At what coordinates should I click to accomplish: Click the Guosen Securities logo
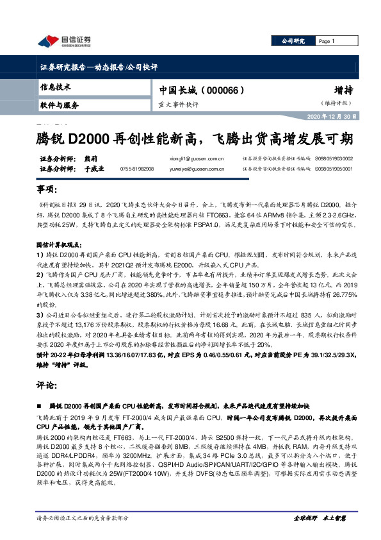pos(64,42)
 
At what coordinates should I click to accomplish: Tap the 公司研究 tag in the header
pos(293,41)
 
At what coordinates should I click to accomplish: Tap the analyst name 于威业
pos(94,169)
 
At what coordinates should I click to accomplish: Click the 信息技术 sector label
pos(55,86)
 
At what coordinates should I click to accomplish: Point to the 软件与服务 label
pos(59,105)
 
